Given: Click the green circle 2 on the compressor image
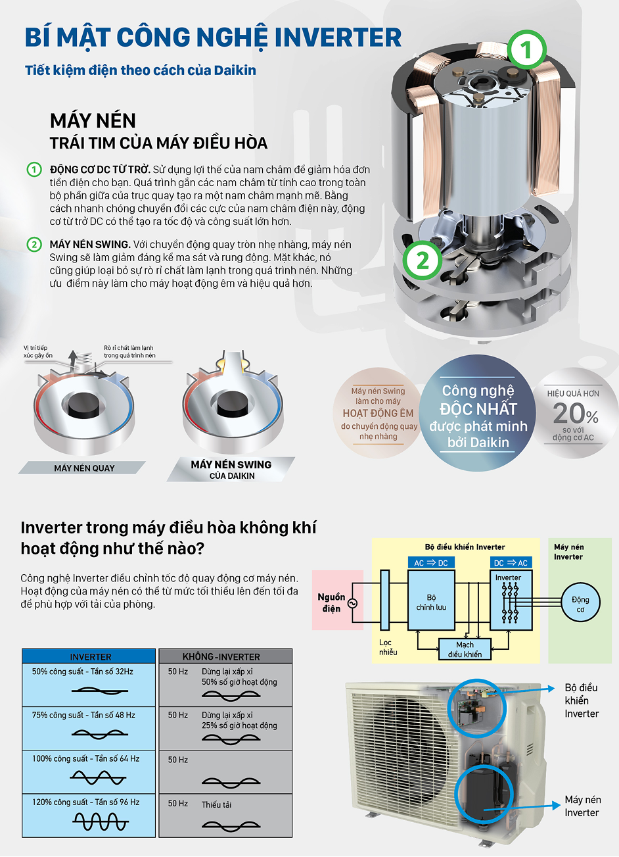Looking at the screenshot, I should pos(421,261).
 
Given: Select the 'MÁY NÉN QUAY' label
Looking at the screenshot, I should pos(84,468).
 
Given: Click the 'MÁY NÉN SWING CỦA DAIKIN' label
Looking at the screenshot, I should pos(231,469).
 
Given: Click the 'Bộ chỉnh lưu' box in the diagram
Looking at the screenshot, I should pos(431,602).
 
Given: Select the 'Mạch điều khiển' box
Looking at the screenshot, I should pos(465,650).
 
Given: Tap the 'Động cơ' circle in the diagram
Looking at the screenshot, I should pos(580,604).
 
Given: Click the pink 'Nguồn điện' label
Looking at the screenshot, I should pos(332,602).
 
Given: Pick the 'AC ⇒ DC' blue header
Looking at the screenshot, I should pos(431,563).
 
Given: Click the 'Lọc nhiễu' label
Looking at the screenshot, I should pos(388,647).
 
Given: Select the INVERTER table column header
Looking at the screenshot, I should pos(91,656).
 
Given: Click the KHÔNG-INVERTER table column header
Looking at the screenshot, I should pos(221,656).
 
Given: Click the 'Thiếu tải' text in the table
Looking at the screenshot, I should pos(216,804).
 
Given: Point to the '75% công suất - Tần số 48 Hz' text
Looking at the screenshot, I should pos(83,715).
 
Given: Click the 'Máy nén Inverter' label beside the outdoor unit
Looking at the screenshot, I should pos(582,806).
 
